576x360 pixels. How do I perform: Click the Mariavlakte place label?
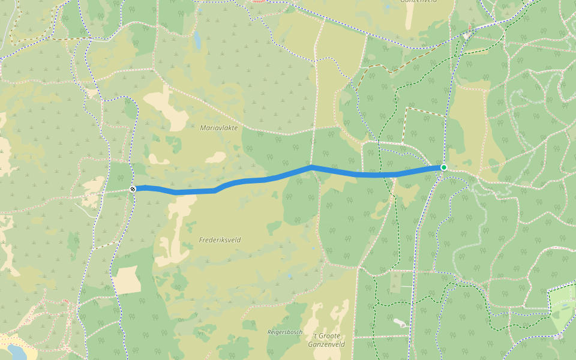tap(219, 128)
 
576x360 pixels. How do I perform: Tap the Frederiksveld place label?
tap(220, 240)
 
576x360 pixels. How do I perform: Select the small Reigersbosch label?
tap(285, 332)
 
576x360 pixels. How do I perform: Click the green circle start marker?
tap(443, 167)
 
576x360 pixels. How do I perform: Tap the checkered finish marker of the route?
tap(133, 189)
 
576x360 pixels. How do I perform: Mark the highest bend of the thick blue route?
tap(311, 167)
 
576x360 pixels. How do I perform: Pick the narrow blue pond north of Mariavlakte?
tap(197, 40)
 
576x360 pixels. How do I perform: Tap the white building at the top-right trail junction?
tap(467, 36)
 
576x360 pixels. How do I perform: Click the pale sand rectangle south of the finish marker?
tap(128, 280)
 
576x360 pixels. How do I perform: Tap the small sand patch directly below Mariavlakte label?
tap(215, 158)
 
